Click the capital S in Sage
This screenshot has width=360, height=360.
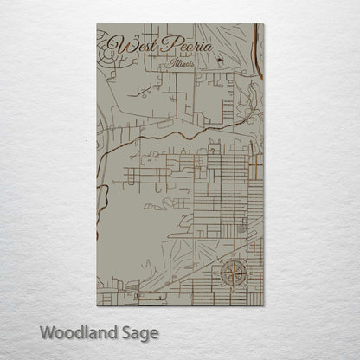(x=125, y=332)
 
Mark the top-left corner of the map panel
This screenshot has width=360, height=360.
(x=97, y=24)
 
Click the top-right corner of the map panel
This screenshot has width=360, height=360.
(x=264, y=24)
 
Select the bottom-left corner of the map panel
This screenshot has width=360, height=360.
(x=97, y=305)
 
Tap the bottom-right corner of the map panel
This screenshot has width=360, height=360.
(x=264, y=305)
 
